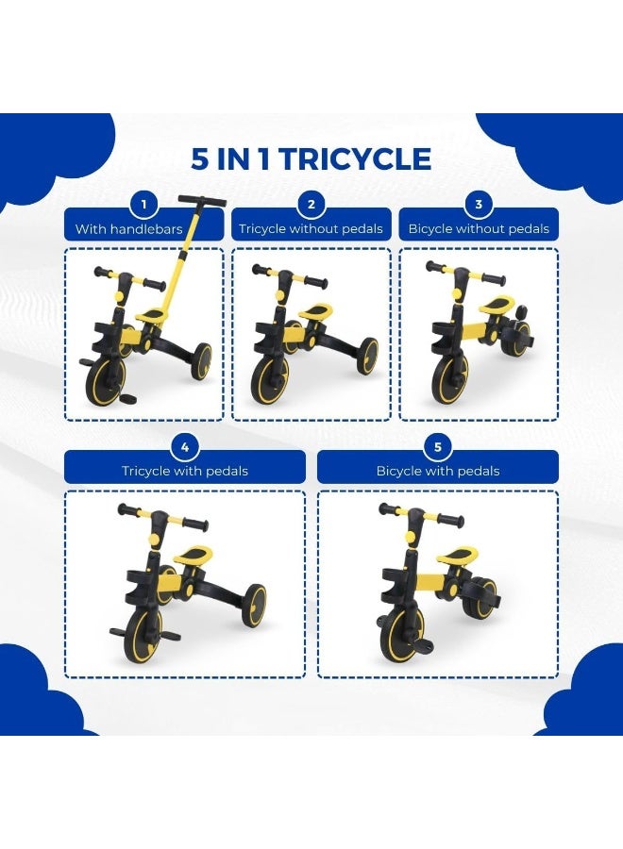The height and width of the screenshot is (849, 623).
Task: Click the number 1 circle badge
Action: point(143,205)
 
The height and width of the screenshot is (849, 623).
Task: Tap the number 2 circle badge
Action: point(311,205)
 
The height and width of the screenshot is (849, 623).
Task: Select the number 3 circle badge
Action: point(479,205)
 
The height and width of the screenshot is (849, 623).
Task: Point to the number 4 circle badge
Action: point(185,447)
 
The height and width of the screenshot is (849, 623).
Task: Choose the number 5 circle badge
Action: point(438,447)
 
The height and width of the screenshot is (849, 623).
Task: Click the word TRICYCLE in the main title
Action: point(356,159)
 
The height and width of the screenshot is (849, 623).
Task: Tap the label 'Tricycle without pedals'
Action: point(311,229)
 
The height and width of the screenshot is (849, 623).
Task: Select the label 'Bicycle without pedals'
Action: point(479,229)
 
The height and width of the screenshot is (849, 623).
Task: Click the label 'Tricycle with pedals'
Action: point(185,471)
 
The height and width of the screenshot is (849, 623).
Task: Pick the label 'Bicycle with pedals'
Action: point(438,471)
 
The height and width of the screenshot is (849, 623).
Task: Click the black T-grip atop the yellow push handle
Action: point(202,200)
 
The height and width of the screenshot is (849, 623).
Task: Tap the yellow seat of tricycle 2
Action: point(316,312)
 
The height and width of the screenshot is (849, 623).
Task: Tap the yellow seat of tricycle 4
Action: point(193,555)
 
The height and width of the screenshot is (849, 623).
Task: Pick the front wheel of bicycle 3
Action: point(450,378)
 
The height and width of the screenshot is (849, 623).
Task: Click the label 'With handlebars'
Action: point(129,229)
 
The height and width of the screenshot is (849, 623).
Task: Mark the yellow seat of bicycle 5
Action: point(458,556)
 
